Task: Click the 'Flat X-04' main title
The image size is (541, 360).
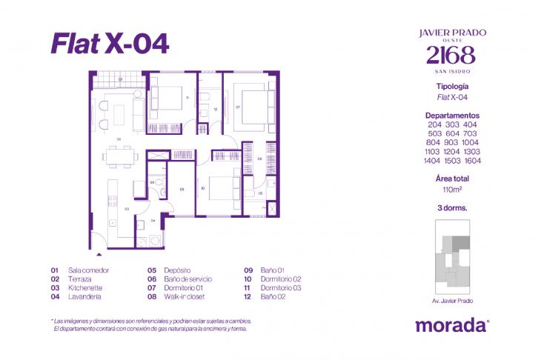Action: point(110,43)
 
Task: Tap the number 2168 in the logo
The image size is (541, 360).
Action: point(452,55)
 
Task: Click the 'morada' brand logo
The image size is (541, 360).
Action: point(452,324)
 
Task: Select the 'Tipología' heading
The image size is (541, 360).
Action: point(452,87)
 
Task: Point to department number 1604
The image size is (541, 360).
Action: point(472,160)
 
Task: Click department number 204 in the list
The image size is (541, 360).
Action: point(434,124)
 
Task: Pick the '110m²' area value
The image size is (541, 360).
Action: point(452,189)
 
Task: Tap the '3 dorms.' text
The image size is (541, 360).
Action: point(452,209)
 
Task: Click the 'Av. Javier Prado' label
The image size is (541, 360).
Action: point(452,301)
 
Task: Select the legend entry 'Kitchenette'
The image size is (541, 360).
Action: point(84,287)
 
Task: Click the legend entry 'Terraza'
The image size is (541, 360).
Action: point(79,279)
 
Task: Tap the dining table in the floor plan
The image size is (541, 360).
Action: point(120,156)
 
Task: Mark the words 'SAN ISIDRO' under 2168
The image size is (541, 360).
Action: point(452,71)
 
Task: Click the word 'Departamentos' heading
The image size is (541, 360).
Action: point(452,116)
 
